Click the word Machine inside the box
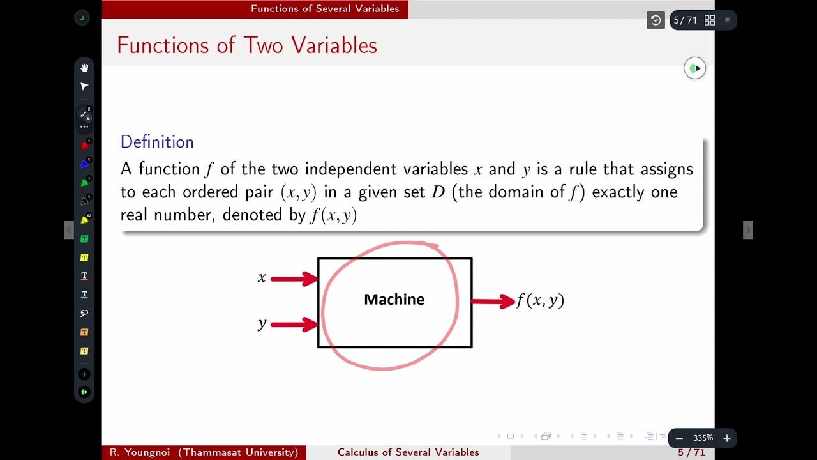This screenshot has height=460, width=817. (x=394, y=300)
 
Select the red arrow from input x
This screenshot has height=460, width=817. (x=294, y=279)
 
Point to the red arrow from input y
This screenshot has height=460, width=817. (x=294, y=325)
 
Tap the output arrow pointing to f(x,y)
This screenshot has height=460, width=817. (x=493, y=301)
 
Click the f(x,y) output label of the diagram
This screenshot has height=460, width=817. (x=541, y=300)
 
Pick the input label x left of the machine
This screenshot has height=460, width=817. (x=262, y=278)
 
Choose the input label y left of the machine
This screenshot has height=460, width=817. (x=262, y=325)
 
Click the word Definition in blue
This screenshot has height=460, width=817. (x=157, y=142)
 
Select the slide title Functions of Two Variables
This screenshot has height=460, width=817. (x=247, y=45)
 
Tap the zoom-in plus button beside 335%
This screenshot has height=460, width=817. (x=726, y=438)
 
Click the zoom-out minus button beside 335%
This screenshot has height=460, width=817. (x=679, y=438)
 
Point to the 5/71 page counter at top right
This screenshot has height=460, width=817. (x=685, y=20)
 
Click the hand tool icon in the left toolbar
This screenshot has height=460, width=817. (x=84, y=68)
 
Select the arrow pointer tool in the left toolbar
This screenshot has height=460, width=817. (x=84, y=86)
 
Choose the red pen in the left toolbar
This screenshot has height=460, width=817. (x=84, y=145)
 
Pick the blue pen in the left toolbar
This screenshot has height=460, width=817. (x=84, y=164)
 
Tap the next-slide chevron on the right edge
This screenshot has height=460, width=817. (x=748, y=230)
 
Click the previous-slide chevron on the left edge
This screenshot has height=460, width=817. (x=69, y=230)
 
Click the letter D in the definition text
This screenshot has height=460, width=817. (x=438, y=192)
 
